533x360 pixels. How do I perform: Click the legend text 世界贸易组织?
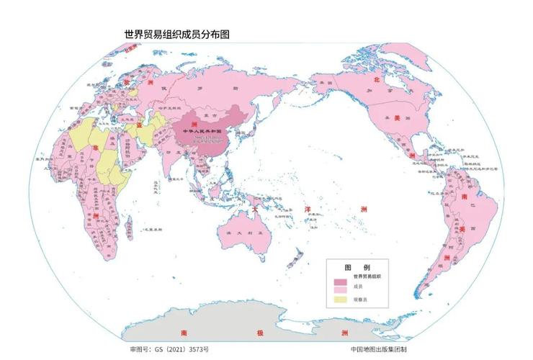click(x=368, y=276)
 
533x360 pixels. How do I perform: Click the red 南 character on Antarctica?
click(x=184, y=333)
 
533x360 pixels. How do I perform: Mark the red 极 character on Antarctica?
click(x=260, y=333)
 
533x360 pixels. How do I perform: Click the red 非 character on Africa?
click(x=94, y=147)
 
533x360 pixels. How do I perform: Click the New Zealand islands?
click(x=296, y=254)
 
